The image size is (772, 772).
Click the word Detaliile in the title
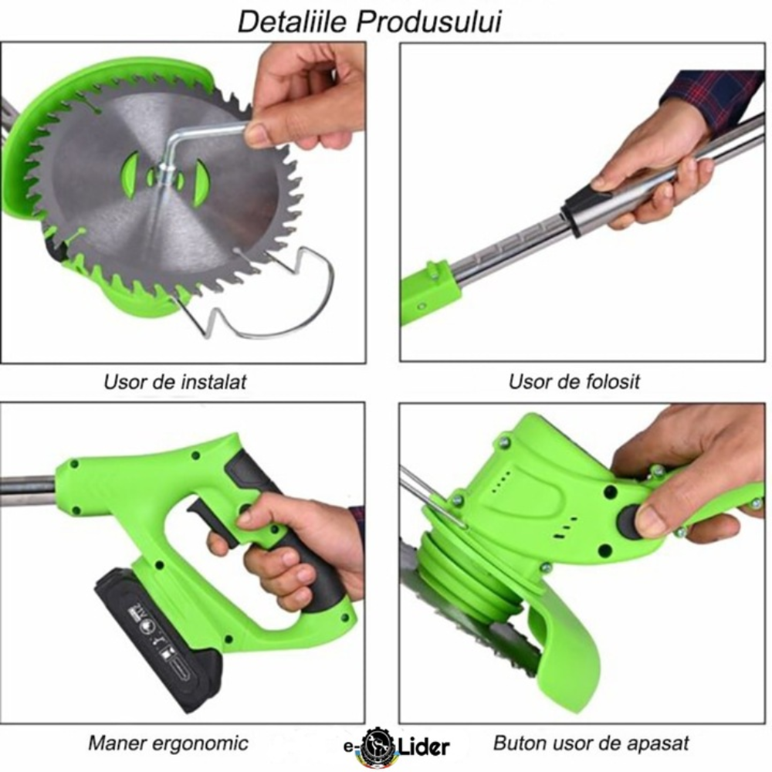293,22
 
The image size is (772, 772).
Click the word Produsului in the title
428,22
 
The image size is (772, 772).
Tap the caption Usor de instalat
174,382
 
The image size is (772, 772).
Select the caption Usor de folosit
574,382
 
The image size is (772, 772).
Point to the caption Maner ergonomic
168,743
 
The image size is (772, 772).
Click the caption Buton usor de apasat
591,743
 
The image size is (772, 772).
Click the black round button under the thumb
629,523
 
